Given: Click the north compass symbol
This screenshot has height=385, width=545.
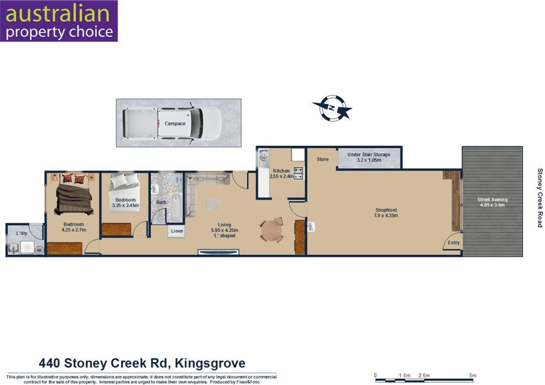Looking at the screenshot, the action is pos(332,108).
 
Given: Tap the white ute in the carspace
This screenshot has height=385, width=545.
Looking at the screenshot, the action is pos(172,123).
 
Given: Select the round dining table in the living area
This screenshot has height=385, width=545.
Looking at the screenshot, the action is pos(272,229).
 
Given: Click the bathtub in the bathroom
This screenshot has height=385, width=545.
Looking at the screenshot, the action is pos(176,208).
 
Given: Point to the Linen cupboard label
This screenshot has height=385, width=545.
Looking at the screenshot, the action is pos(177,231).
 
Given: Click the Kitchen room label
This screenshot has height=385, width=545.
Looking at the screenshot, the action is pos(281,171).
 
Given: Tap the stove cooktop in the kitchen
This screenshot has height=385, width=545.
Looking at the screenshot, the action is pos(298,173).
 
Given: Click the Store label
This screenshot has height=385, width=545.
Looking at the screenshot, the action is pos(323,159).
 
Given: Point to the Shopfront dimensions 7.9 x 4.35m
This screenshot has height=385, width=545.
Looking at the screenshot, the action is pos(386,216).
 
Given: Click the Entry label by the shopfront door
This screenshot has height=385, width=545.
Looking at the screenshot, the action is pos(454,243).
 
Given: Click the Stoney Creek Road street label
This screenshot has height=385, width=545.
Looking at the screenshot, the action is pos(540,198).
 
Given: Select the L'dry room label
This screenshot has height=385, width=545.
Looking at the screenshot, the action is pos(22,233).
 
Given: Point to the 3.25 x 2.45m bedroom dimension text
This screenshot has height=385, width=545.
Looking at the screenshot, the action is pos(125,205).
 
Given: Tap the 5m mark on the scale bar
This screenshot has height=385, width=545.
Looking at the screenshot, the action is pos(473,376).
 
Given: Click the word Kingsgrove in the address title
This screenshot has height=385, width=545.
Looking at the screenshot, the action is pos(210,363).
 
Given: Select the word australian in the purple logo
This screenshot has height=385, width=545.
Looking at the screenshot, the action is pos(58,13).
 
